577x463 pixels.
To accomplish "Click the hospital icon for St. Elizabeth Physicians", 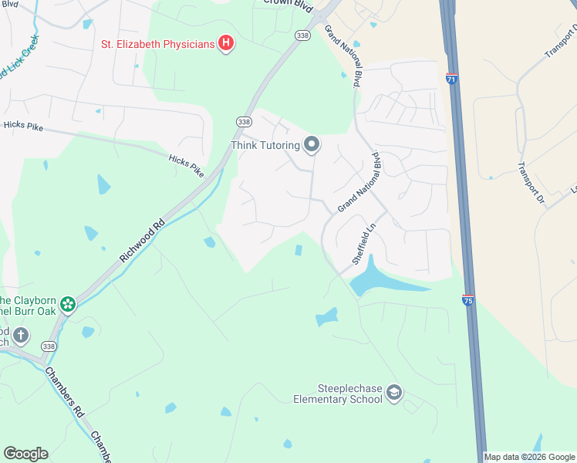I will click(225, 43).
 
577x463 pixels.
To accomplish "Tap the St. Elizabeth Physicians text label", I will click(157, 44).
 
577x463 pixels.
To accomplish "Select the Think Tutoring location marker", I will click(312, 144).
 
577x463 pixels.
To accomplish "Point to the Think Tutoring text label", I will click(265, 145).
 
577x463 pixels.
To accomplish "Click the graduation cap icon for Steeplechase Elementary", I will click(394, 394).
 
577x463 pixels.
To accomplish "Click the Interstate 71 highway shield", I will click(452, 79).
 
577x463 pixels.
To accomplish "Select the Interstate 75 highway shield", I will click(468, 299).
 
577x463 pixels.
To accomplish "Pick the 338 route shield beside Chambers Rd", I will click(49, 347).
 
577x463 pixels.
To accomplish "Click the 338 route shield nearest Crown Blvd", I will click(302, 35).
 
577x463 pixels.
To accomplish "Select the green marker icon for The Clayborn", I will click(68, 304).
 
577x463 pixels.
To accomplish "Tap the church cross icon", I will click(21, 336).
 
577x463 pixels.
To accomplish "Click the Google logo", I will click(25, 454).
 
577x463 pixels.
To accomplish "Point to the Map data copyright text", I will click(529, 457).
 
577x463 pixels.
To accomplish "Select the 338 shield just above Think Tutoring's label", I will click(244, 122).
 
